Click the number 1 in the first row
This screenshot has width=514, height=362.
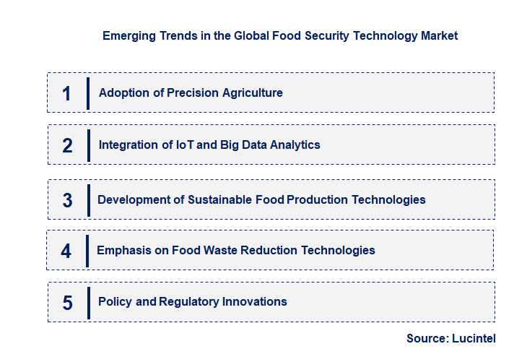(x=67, y=93)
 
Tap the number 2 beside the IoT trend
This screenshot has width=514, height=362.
(x=67, y=145)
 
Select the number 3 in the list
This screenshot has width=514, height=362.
(x=67, y=200)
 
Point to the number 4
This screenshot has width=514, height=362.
(x=66, y=251)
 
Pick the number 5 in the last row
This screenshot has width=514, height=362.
(x=67, y=302)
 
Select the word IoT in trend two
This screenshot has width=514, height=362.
(x=185, y=145)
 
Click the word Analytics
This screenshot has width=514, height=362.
(x=294, y=145)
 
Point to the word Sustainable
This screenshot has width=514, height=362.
(x=220, y=199)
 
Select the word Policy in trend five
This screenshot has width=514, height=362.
(x=116, y=301)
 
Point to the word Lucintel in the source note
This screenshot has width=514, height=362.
(x=475, y=338)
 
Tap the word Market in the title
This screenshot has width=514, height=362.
(x=440, y=35)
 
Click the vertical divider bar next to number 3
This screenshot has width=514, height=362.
(x=88, y=200)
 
